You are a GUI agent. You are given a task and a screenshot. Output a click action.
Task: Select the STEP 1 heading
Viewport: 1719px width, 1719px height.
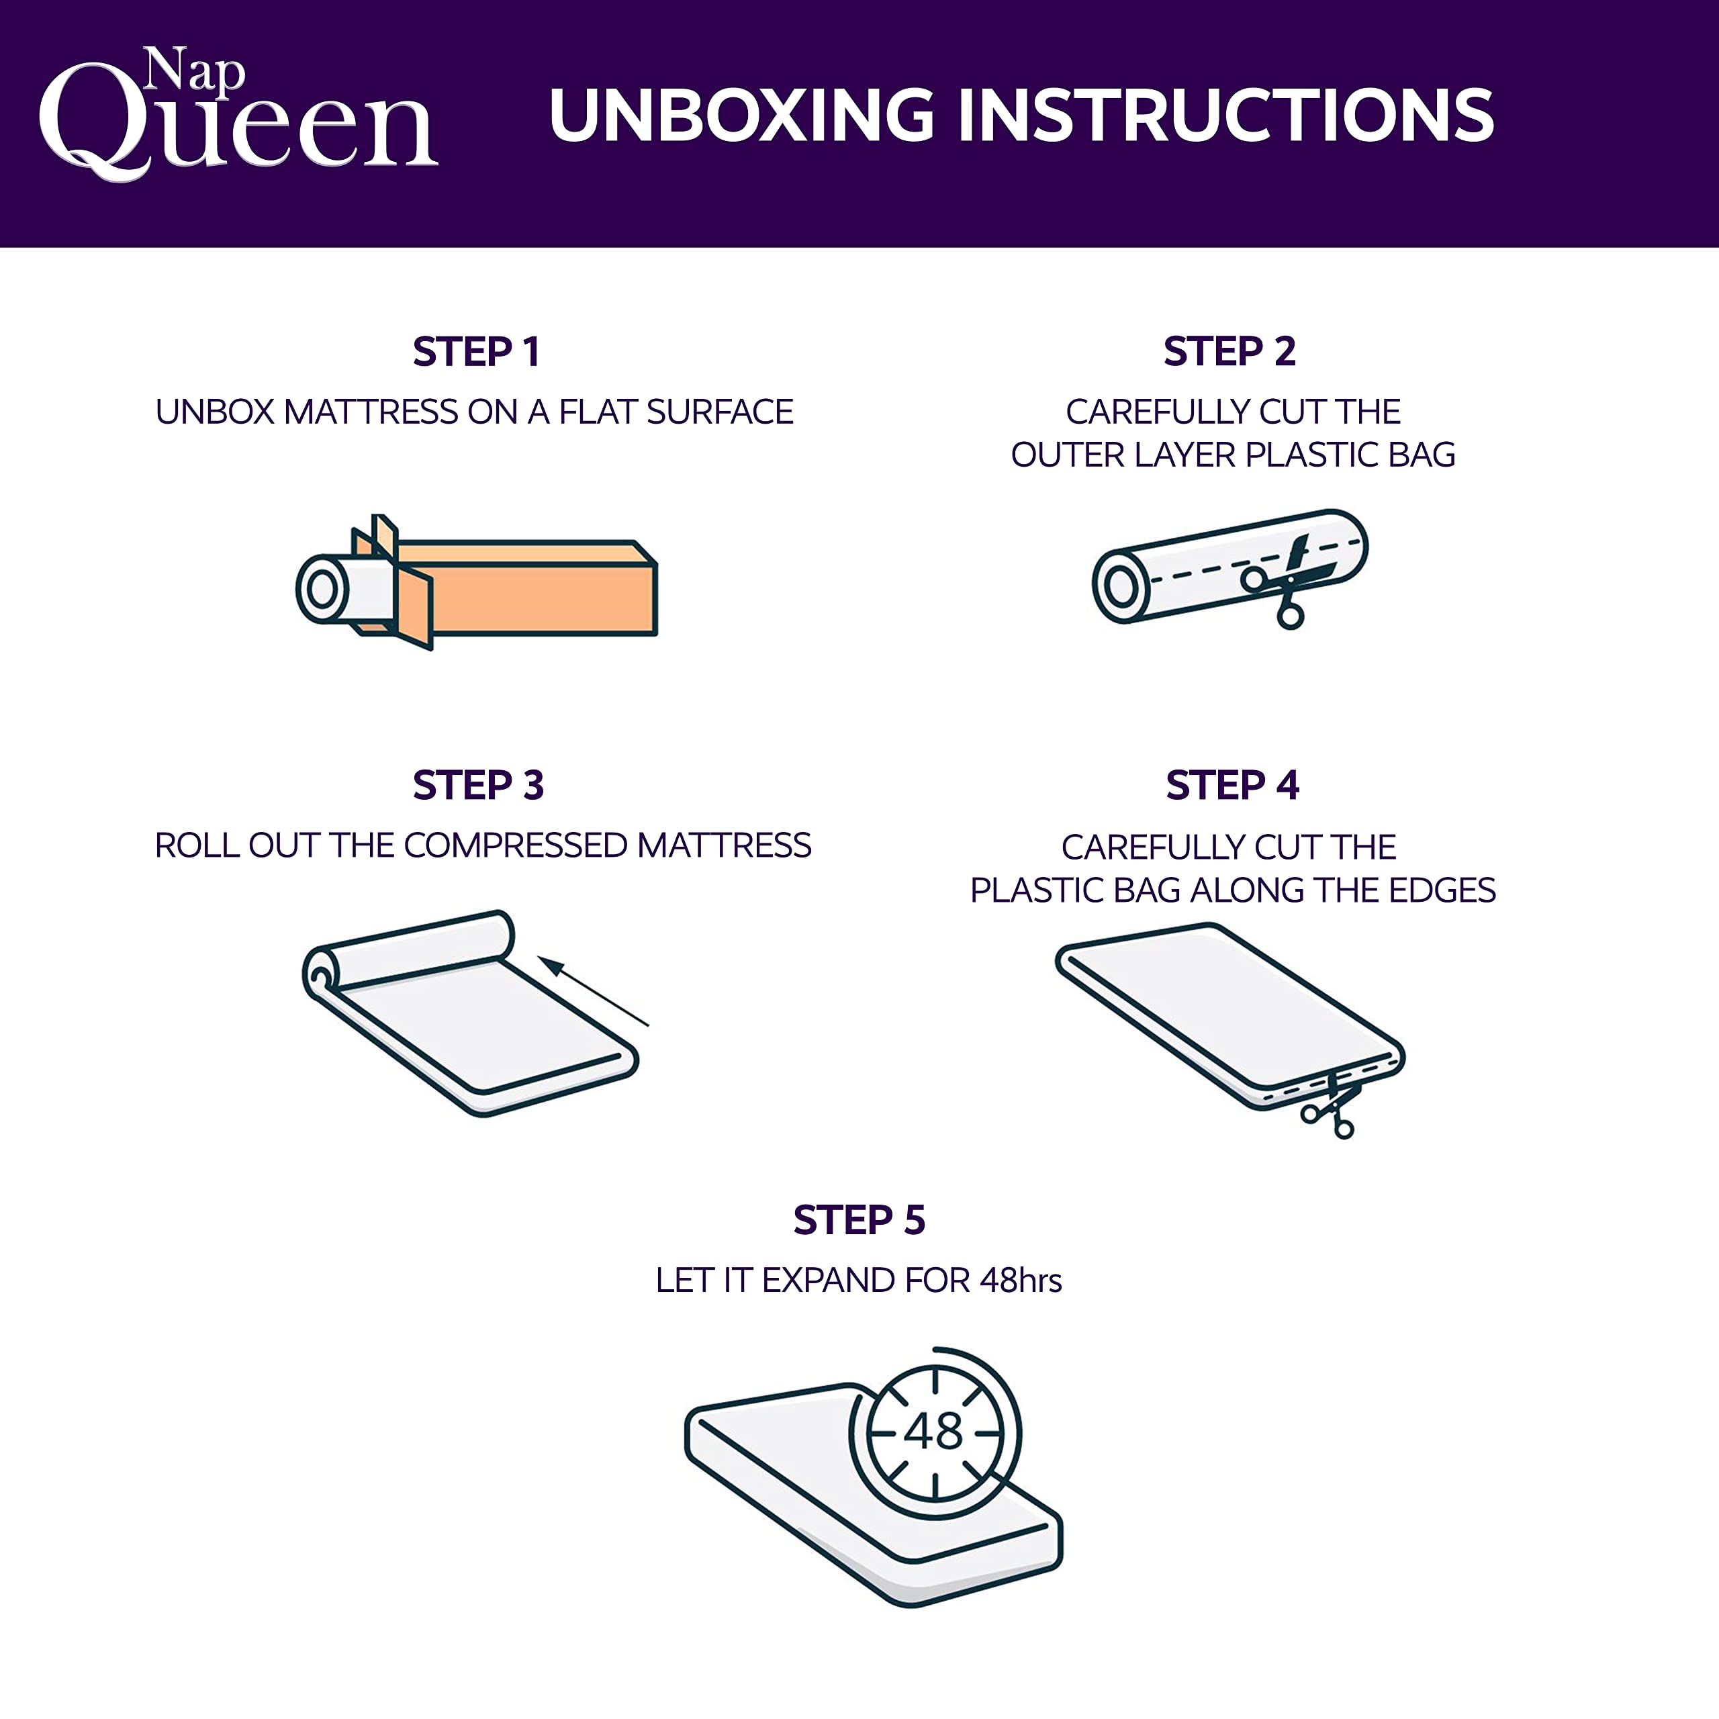click(476, 351)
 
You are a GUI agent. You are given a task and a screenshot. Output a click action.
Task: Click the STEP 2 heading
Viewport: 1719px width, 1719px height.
click(1229, 351)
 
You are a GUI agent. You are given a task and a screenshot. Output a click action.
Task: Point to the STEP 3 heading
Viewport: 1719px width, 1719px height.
click(478, 785)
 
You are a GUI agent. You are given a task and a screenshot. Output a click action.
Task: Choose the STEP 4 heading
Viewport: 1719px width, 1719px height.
click(1232, 785)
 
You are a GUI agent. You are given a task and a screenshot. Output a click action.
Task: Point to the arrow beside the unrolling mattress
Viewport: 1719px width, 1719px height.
click(594, 991)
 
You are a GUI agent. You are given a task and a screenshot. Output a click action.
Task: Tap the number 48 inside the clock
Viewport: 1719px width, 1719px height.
click(933, 1432)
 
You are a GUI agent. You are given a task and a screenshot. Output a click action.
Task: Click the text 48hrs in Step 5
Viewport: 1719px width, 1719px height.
click(1021, 1281)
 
